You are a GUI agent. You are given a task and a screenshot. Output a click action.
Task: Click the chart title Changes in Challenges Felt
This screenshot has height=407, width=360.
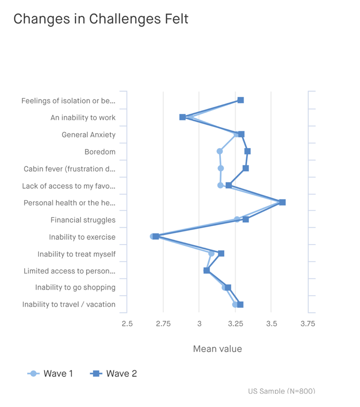pyautogui.click(x=101, y=19)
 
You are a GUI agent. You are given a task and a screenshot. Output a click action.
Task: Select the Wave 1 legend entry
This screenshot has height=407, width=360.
pyautogui.click(x=50, y=374)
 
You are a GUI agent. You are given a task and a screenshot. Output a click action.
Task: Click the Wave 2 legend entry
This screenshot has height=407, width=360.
pyautogui.click(x=113, y=374)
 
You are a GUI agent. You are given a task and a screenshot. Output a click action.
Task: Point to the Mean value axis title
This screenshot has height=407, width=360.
pyautogui.click(x=217, y=349)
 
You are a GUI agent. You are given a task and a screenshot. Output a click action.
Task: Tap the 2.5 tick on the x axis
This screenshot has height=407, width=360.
pyautogui.click(x=127, y=324)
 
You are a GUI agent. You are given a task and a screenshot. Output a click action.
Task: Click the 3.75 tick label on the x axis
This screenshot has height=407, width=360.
pyautogui.click(x=308, y=324)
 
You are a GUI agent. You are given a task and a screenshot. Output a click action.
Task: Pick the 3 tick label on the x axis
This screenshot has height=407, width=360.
pyautogui.click(x=199, y=324)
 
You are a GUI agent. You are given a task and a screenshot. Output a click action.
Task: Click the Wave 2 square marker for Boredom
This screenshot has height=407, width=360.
pyautogui.click(x=248, y=151)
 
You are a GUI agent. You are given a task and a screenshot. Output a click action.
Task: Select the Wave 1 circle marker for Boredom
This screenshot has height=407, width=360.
pyautogui.click(x=220, y=151)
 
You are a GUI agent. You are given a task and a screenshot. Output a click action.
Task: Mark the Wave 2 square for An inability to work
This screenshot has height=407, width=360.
pyautogui.click(x=183, y=117)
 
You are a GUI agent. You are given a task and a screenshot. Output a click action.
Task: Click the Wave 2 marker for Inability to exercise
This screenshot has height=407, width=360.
pyautogui.click(x=156, y=237)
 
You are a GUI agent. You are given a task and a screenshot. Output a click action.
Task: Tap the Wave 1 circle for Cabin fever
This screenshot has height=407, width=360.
pyautogui.click(x=221, y=168)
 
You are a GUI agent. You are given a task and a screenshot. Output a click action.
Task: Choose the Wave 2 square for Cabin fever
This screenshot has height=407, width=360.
pyautogui.click(x=246, y=168)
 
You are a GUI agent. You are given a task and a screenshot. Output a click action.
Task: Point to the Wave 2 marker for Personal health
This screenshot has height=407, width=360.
pyautogui.click(x=282, y=202)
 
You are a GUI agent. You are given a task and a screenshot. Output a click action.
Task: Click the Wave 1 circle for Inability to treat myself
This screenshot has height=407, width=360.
pyautogui.click(x=211, y=254)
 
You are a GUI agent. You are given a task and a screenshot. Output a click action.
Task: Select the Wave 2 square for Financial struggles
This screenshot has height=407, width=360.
pyautogui.click(x=246, y=219)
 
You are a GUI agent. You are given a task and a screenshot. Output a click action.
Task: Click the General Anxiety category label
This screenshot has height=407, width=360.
pyautogui.click(x=88, y=135)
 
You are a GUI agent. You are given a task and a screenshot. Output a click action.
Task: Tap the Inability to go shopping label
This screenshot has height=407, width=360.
pyautogui.click(x=75, y=288)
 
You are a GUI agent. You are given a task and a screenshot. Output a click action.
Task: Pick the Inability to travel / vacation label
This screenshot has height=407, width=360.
pyautogui.click(x=69, y=305)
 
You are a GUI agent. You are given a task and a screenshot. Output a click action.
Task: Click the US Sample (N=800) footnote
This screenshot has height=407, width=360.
pyautogui.click(x=281, y=391)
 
